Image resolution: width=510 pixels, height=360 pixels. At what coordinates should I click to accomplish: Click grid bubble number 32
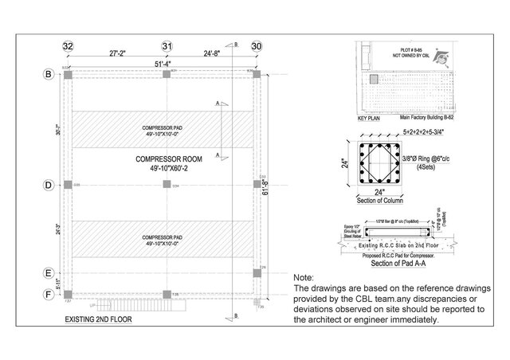tap(69, 47)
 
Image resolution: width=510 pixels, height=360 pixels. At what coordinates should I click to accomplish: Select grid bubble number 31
tap(167, 47)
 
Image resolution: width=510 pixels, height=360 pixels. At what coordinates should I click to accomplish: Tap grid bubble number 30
tap(257, 47)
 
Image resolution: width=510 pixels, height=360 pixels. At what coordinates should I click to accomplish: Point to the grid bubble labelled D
tap(48, 185)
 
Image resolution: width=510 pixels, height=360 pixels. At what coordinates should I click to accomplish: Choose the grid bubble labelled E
tap(48, 272)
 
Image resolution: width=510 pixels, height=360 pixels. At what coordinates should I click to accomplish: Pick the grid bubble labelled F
tap(48, 294)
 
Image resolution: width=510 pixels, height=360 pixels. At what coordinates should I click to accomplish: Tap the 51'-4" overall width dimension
tap(166, 65)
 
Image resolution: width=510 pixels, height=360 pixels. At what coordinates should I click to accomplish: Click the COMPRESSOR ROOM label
tap(167, 160)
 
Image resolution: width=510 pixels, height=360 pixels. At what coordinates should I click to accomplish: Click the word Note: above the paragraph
tap(305, 276)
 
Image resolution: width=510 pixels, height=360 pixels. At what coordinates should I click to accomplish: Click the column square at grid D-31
tap(167, 185)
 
